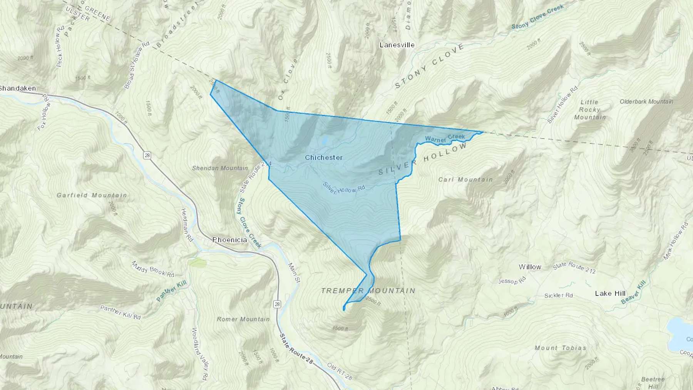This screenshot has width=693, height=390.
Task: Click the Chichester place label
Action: click(323, 157)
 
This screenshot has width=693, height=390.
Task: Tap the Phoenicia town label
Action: click(229, 240)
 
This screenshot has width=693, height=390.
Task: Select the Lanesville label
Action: click(397, 45)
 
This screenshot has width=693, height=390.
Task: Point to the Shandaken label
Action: click(18, 88)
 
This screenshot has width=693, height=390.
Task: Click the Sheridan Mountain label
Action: click(220, 168)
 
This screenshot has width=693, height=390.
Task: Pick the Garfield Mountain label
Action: click(92, 195)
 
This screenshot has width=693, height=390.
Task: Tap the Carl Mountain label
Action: click(465, 179)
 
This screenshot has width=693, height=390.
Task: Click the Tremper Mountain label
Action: click(368, 291)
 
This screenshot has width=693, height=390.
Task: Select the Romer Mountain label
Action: click(243, 319)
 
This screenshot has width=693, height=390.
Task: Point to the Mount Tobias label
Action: click(560, 348)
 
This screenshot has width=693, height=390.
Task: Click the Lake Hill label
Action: click(610, 293)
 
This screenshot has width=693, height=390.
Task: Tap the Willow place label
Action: click(530, 267)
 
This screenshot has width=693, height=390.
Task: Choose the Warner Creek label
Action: click(445, 138)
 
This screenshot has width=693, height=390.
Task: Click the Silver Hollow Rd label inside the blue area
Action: click(344, 187)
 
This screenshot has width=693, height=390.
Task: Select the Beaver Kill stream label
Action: click(634, 292)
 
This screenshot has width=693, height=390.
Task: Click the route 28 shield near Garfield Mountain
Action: click(147, 156)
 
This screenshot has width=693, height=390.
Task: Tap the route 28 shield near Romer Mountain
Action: click(277, 305)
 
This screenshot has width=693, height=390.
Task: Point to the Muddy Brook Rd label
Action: click(153, 269)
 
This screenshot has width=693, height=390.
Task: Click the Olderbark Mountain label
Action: click(646, 102)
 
